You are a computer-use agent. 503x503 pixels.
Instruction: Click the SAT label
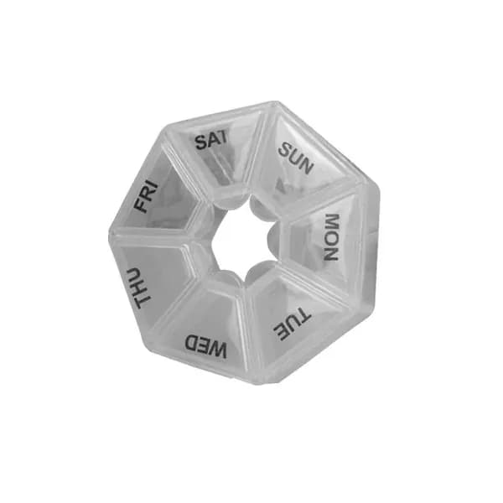211,140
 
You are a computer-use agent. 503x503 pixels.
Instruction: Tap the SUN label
295,158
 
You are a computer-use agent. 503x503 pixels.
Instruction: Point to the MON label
331,237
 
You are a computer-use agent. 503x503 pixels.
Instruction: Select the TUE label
292,324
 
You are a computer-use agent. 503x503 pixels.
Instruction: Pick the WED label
206,345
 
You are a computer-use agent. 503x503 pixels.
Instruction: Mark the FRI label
146,197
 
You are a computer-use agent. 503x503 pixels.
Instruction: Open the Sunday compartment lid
305,160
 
